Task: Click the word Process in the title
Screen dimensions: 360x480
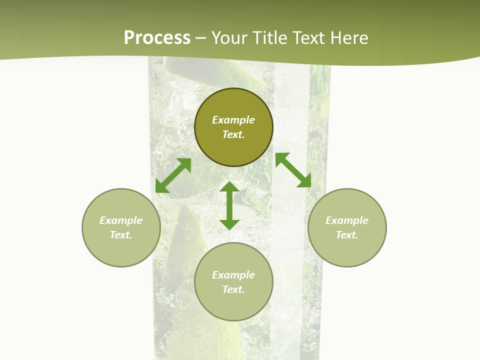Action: click(x=157, y=38)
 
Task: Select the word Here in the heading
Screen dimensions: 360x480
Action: click(x=349, y=38)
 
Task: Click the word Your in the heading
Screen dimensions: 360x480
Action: click(x=230, y=38)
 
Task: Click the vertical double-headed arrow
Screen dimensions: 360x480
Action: click(x=229, y=205)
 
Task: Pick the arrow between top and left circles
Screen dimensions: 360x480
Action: click(x=173, y=175)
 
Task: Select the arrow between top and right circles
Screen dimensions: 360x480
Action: click(x=293, y=170)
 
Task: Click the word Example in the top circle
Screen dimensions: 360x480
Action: click(x=233, y=120)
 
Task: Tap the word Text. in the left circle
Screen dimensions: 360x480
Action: click(x=121, y=235)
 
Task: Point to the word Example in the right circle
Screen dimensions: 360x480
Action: click(x=347, y=220)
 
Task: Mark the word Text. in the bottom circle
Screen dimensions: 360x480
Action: click(x=233, y=289)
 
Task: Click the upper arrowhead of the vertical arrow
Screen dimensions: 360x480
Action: click(x=229, y=187)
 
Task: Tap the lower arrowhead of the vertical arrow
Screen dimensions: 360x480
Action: click(x=229, y=224)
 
